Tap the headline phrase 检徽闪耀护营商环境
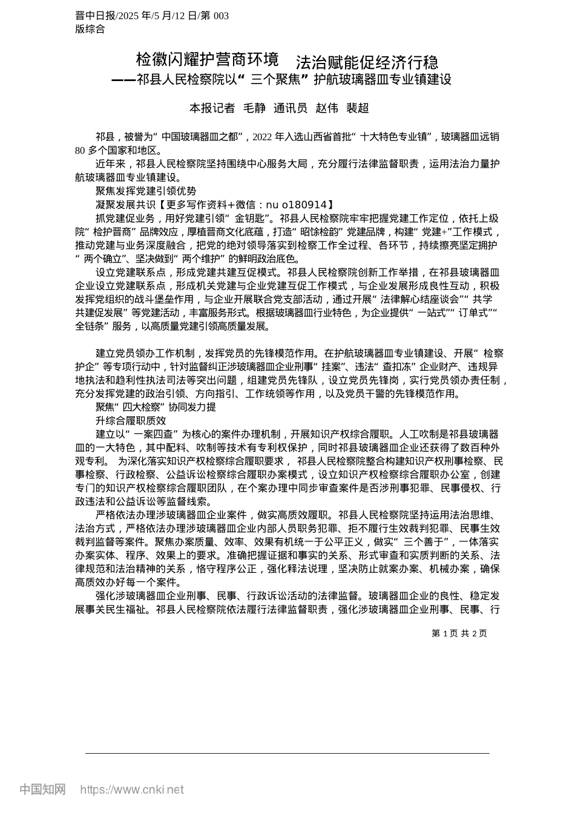pos(207,60)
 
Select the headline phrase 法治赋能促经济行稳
pos(367,62)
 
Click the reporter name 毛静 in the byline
pos(254,108)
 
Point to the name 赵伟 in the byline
pos(327,108)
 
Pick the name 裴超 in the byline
pos(357,108)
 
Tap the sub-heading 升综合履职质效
pos(131,420)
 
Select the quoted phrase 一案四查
pos(154,434)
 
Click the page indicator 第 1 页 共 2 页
pos(459,633)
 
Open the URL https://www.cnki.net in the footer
pos(132,789)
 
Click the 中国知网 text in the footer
pos(42,789)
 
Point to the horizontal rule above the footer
pos(287,753)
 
